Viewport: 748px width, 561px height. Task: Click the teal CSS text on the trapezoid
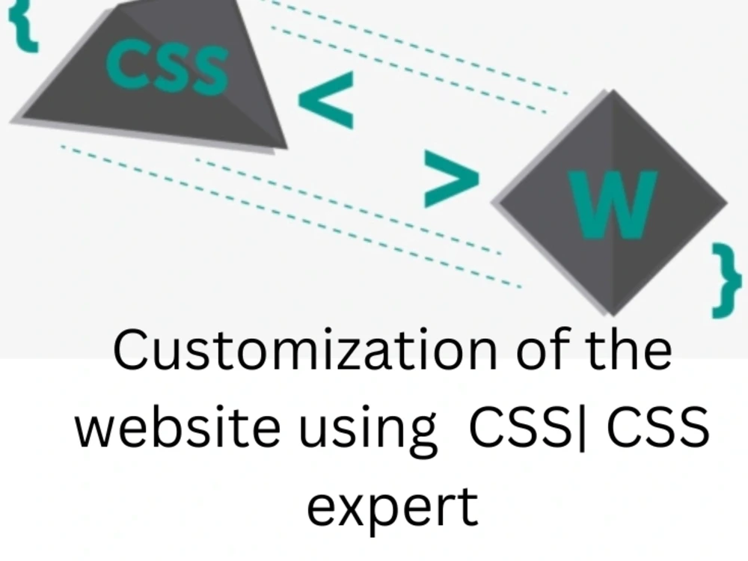click(x=167, y=67)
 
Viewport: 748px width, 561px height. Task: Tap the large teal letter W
click(x=613, y=203)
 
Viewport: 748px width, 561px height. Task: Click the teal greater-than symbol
click(x=451, y=178)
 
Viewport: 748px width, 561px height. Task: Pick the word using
click(x=387, y=432)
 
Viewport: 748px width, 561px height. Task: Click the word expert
click(x=392, y=508)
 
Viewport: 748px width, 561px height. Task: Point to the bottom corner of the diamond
click(x=613, y=313)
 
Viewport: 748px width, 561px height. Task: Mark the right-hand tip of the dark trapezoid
click(x=285, y=147)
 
